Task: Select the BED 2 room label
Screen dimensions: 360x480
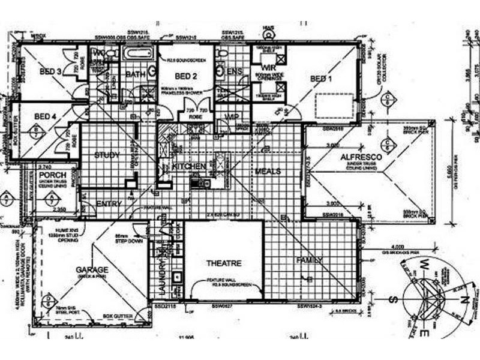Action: click(x=186, y=76)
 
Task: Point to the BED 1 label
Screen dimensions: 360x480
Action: click(x=319, y=79)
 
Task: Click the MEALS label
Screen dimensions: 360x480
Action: click(x=268, y=172)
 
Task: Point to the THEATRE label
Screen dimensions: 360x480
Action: click(x=224, y=263)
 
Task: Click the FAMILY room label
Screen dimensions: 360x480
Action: click(x=310, y=260)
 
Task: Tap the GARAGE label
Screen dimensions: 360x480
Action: click(x=92, y=269)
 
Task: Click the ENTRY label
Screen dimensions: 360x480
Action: click(x=109, y=204)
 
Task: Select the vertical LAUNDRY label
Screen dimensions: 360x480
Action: click(x=160, y=273)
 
